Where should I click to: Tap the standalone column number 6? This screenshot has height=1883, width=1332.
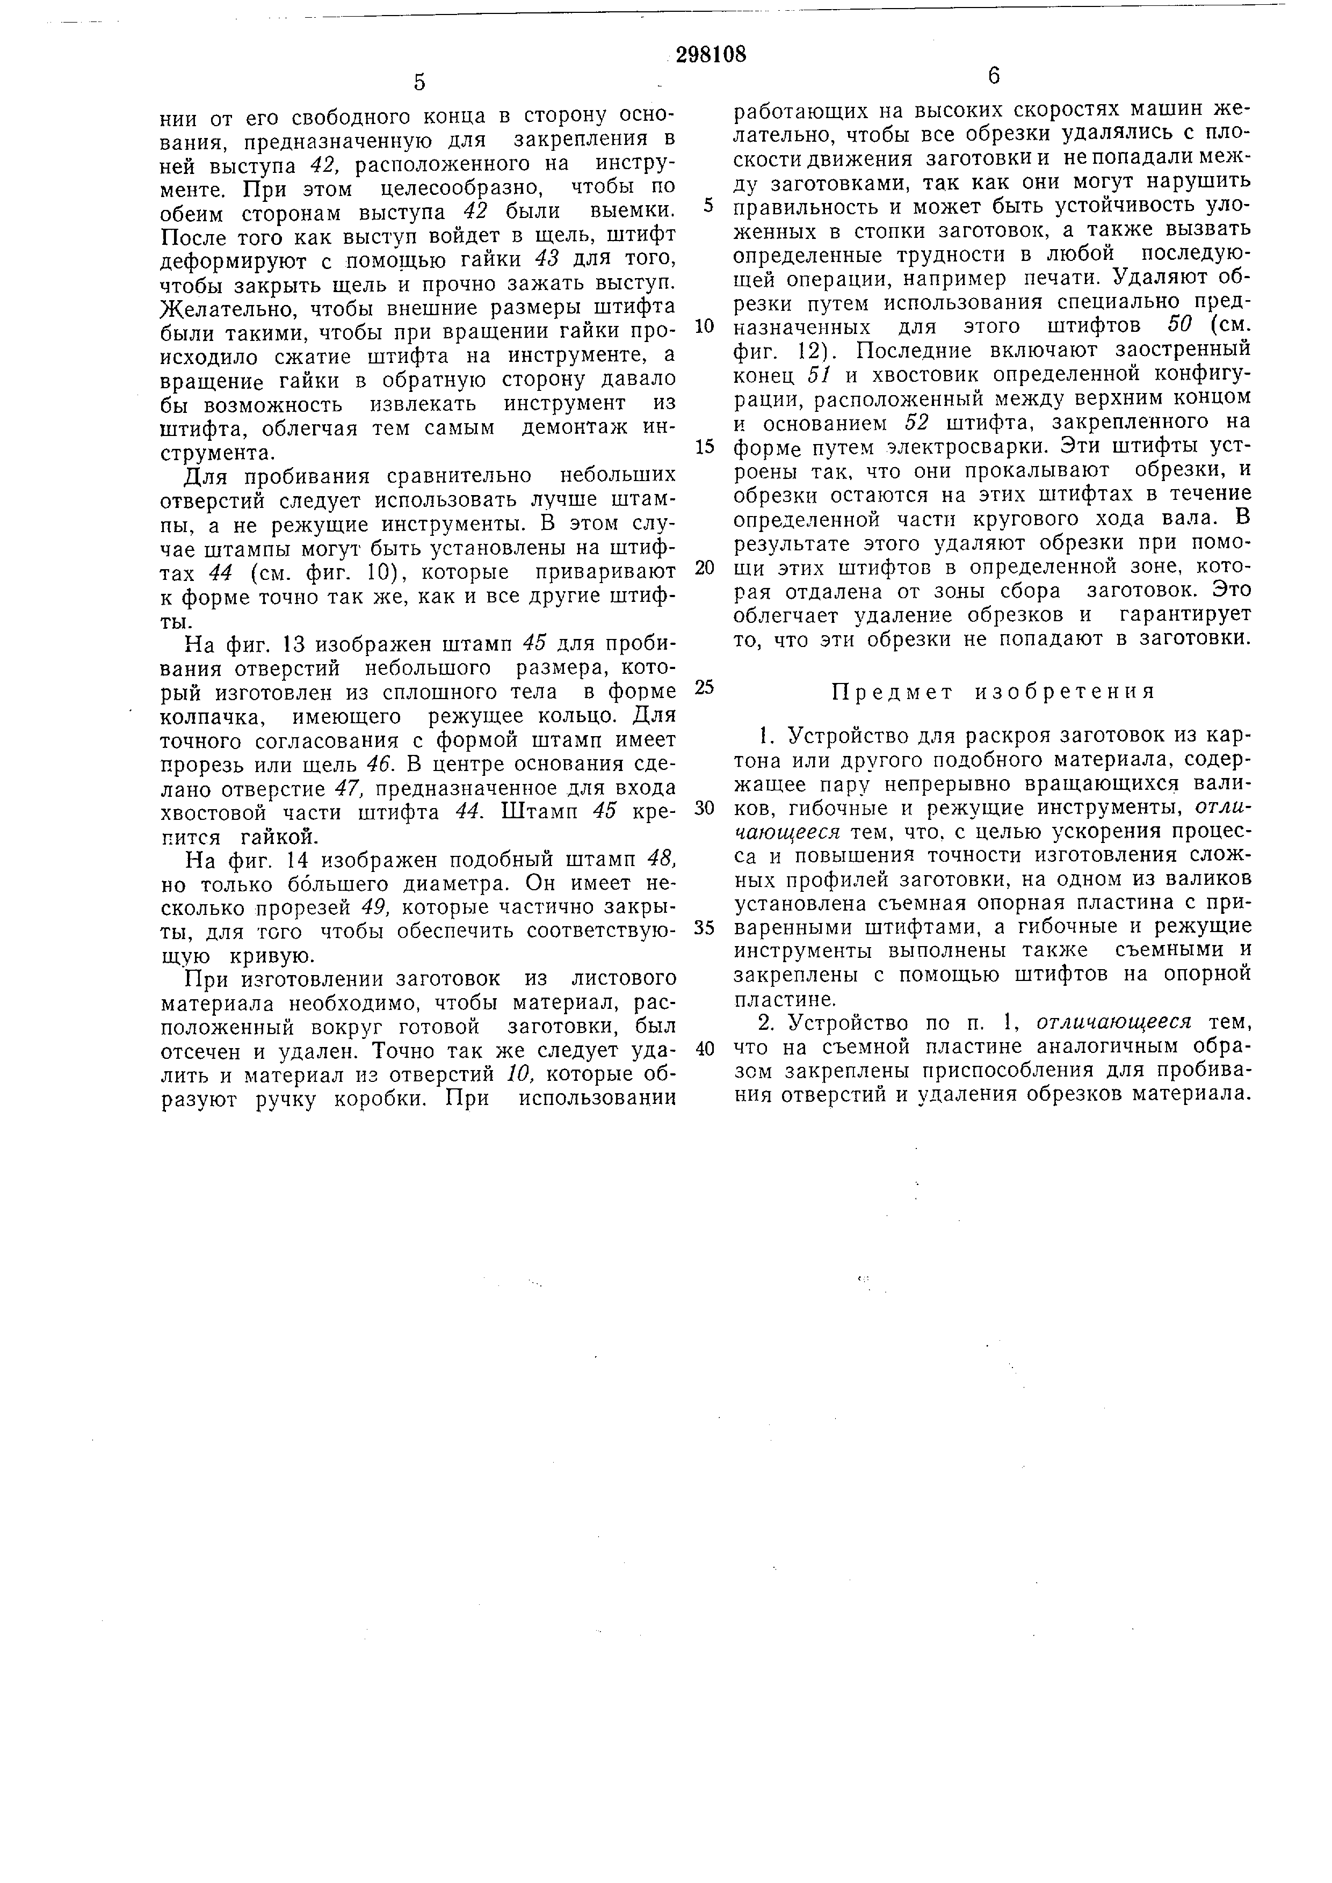[x=994, y=76]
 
